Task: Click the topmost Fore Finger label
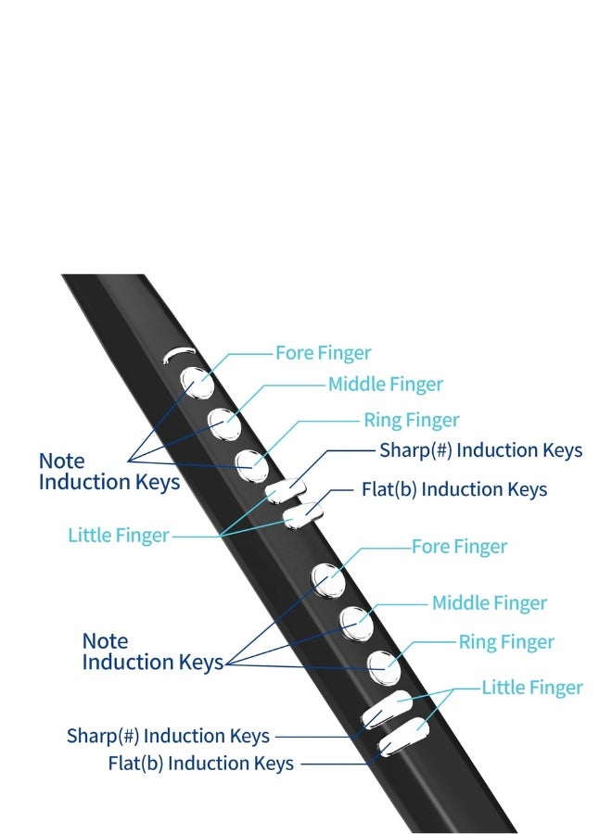coord(323,353)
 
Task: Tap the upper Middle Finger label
coord(385,384)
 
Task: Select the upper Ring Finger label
coord(411,421)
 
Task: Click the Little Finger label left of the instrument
coord(119,536)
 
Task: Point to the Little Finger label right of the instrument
coord(532,688)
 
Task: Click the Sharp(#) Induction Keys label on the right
coord(480,450)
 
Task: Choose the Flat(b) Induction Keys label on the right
coord(454,489)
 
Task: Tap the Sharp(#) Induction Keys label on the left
coord(168,737)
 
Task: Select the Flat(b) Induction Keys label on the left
coord(200,764)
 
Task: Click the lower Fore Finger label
coord(459,547)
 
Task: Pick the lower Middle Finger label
coord(490,603)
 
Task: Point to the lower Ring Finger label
coord(506,642)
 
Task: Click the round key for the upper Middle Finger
coord(223,423)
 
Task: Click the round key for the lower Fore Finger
coord(326,580)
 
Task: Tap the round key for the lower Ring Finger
coord(381,664)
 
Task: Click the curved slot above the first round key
coord(179,353)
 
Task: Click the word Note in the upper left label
coord(61,461)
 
